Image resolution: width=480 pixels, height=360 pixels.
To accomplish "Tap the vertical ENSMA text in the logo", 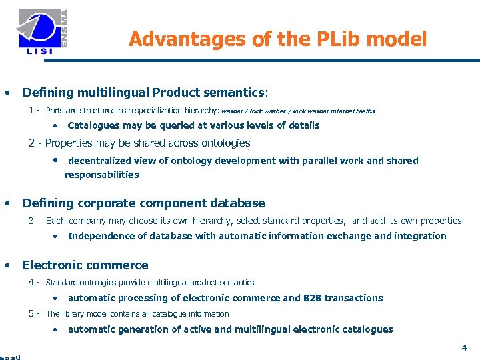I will coord(65,27).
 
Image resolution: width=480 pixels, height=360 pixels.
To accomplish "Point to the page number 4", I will coord(464,347).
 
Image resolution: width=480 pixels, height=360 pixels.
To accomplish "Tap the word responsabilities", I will coord(101,175).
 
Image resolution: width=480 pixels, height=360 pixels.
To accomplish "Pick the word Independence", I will coord(101,236).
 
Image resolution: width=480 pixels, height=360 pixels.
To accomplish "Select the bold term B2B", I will coord(313,298).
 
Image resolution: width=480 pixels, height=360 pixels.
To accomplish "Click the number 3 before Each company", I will coord(31,221).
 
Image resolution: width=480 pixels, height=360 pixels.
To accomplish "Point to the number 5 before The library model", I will coord(31,313).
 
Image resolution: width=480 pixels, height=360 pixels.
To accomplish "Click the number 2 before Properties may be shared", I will coord(31,143).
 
